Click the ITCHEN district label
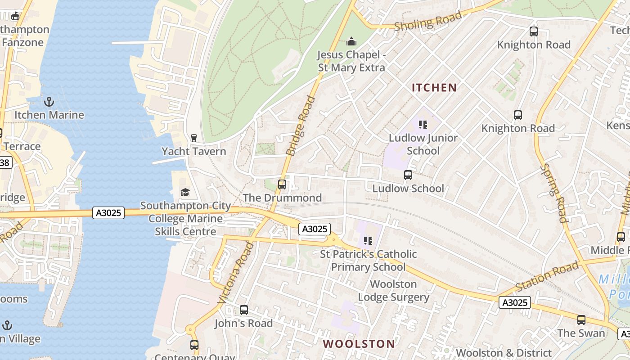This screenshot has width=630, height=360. point(434,88)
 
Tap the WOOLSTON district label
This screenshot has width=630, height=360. point(359,344)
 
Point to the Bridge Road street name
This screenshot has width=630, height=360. point(301,126)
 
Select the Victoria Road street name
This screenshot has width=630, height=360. point(236,272)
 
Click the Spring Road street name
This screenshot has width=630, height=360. point(553,193)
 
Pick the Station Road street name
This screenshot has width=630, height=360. point(546,276)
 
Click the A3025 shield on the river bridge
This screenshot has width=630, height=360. point(108,212)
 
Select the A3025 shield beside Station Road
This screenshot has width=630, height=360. point(514,302)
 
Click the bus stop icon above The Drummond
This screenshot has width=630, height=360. point(282,184)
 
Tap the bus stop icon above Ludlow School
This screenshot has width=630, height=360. point(408,175)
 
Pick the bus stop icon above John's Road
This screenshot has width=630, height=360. point(243,310)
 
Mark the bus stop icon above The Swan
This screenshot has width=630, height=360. point(581,320)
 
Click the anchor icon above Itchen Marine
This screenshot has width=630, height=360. point(49,102)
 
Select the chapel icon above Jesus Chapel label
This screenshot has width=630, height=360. point(351,42)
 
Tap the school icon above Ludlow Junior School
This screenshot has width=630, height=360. point(423,124)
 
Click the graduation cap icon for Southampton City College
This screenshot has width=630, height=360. point(185,193)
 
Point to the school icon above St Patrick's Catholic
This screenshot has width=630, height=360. point(368,241)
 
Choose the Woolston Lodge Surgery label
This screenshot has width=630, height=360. point(393,291)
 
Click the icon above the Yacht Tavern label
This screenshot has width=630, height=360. point(194,138)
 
